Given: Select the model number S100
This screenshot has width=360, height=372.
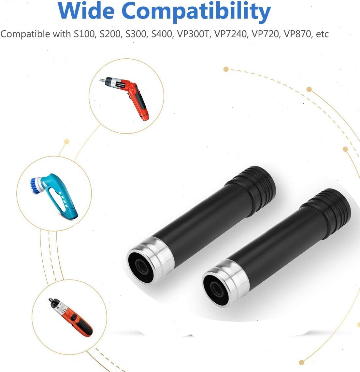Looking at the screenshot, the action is coord(84,34).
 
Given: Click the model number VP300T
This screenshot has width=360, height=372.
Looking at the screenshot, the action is coord(194,34).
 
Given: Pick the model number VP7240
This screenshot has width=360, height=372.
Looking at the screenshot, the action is coord(231,34).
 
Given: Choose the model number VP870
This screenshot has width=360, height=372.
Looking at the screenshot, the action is coord(298,34).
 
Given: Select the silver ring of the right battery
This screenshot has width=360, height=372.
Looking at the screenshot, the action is coord(229,282).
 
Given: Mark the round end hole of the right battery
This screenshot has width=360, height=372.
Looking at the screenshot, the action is coord(216,288).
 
